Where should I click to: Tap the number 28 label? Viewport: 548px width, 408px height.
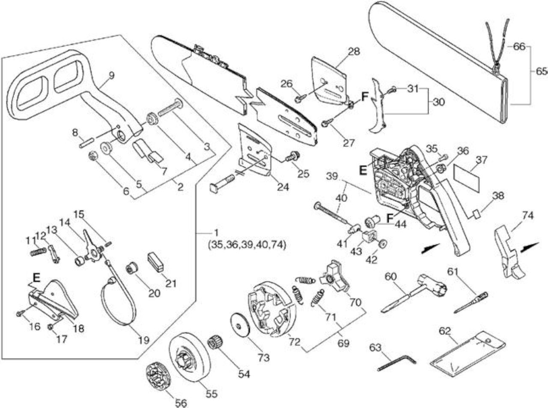point(354,51)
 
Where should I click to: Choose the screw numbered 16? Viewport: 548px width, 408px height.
point(20,313)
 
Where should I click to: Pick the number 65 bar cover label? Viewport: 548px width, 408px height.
point(541,71)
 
